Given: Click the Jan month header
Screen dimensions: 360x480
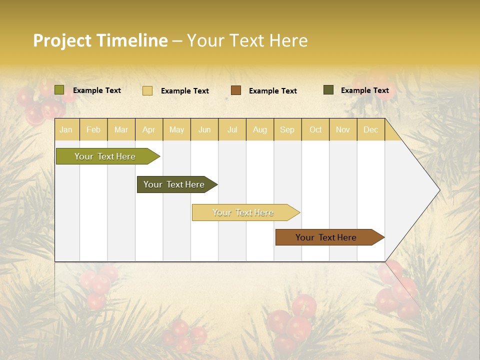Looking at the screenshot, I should point(66,129).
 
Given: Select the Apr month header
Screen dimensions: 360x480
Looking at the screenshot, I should point(149,129).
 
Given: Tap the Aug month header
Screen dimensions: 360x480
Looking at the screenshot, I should point(260,129).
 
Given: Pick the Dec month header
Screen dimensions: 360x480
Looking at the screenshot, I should point(370,129).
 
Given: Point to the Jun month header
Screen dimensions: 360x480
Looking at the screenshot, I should point(204,129).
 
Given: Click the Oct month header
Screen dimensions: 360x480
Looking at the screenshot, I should point(315,129).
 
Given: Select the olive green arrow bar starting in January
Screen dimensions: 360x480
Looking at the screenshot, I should point(105,156).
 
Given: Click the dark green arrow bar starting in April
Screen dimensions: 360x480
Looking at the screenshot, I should point(174,184).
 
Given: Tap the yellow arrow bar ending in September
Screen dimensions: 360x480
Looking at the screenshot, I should point(243,212).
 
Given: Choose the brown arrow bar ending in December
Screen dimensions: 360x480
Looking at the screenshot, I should point(326,237).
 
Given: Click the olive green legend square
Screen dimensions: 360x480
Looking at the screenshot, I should point(59,90).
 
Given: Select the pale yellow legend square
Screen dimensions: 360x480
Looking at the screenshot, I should point(147,90).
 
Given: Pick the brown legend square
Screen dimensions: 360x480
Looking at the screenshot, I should point(236,90).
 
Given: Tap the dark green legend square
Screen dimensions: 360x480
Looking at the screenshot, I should point(328,90).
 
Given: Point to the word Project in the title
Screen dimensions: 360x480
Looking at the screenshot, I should point(62,41).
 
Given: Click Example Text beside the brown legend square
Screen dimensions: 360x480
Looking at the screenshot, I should point(272,91).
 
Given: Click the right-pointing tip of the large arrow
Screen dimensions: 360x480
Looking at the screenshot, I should point(437,190).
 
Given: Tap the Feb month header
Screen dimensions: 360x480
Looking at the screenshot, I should point(93,129).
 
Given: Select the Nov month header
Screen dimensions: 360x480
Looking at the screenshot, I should point(343,129).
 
